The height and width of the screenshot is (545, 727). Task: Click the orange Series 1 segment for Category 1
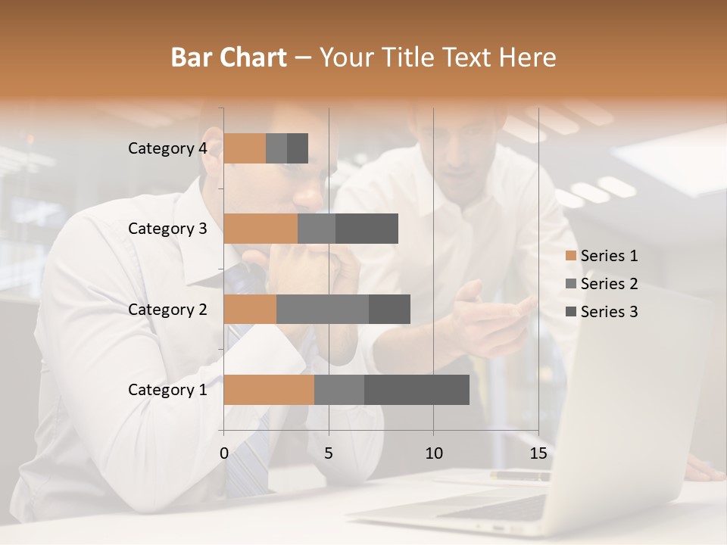point(269,389)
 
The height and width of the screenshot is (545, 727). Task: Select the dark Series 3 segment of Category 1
point(417,389)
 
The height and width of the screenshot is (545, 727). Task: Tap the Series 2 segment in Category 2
point(323,309)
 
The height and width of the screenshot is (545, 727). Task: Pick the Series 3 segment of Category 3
point(367,229)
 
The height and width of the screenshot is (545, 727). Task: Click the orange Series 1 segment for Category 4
point(245,148)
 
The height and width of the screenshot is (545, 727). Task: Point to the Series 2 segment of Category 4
point(276,148)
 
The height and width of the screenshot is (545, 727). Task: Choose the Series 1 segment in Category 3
point(261,229)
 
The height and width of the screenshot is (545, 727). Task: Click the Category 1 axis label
point(167,390)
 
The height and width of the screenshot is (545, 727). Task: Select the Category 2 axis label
point(167,310)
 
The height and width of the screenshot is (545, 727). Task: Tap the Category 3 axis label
point(167,229)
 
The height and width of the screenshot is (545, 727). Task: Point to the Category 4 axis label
point(167,148)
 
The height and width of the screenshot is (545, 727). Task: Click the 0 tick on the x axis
point(224,453)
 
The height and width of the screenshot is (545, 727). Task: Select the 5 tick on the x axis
point(329,453)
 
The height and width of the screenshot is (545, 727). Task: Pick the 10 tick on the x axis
point(433,453)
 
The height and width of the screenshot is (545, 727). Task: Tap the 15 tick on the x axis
point(538,453)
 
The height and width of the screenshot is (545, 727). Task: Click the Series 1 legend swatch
point(570,256)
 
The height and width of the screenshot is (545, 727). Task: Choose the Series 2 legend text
point(609,284)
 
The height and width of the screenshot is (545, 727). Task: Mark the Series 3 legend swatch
point(570,312)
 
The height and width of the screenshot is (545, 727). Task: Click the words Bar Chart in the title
point(229,57)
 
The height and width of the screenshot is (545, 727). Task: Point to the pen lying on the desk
point(520,476)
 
